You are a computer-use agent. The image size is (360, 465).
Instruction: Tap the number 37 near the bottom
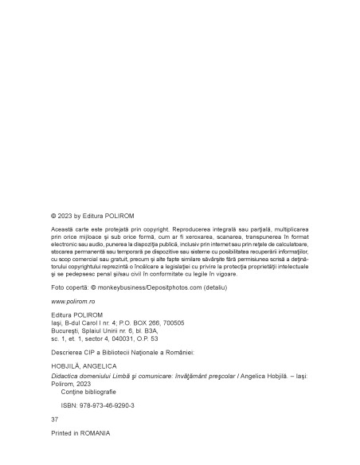[x=54, y=418]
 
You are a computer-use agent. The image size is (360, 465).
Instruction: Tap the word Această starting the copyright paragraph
[x=64, y=229]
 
